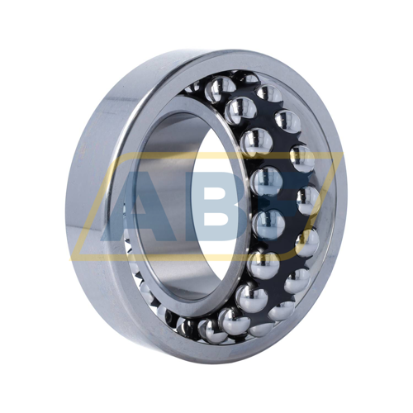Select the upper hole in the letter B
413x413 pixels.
pyautogui.click(x=217, y=192)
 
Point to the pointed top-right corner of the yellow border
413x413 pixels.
pyautogui.click(x=343, y=153)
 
